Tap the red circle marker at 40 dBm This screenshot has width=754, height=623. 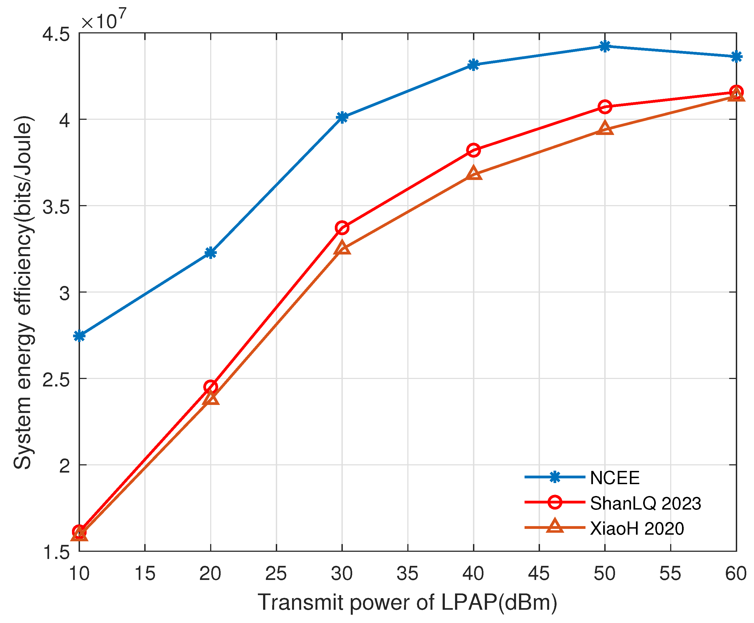473,150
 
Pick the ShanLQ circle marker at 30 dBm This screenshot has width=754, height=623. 342,228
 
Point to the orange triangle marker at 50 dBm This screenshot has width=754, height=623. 605,128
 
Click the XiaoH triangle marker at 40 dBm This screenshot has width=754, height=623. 473,174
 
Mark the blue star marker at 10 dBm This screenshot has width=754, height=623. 79,336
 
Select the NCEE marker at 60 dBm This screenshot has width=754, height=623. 736,56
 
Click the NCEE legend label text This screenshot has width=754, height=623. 614,478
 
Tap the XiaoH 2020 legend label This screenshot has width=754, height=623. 637,529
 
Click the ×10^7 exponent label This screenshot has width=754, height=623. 104,20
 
